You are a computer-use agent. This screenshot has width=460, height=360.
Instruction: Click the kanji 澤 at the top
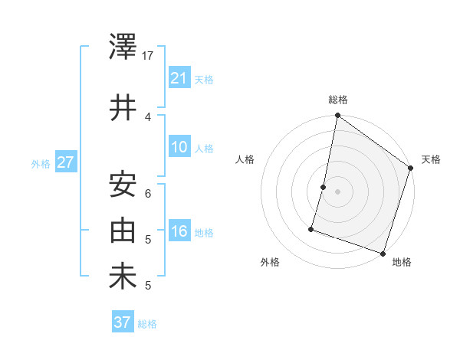tap(123, 48)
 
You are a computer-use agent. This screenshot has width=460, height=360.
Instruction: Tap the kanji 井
tap(123, 107)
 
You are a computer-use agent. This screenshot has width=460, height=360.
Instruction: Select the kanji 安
tap(123, 184)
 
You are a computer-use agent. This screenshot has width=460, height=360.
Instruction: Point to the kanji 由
tap(123, 231)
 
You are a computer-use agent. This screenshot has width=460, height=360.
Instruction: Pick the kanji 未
tap(123, 277)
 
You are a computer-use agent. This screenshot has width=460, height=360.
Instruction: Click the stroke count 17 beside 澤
tap(149, 56)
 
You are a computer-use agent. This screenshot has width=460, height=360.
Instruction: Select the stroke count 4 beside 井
tap(149, 116)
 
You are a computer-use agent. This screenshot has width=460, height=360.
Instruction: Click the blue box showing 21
tap(179, 78)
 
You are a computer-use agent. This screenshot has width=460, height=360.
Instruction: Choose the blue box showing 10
tap(179, 147)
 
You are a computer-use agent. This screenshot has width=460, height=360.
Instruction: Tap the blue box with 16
tap(179, 231)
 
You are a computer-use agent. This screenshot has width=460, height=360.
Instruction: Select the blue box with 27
tap(65, 162)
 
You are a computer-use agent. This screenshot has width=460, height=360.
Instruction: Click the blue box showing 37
tap(123, 322)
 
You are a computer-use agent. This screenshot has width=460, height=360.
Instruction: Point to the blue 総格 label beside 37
tap(147, 323)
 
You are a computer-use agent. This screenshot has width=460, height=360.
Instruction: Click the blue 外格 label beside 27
tap(41, 163)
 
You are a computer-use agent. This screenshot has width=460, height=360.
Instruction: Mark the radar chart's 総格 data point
tap(337, 116)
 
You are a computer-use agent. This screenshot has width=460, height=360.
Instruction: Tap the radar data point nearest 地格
tap(383, 253)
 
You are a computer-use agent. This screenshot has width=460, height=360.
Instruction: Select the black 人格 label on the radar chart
tap(245, 159)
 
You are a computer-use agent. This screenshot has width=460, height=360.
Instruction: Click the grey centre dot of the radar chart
tap(337, 191)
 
